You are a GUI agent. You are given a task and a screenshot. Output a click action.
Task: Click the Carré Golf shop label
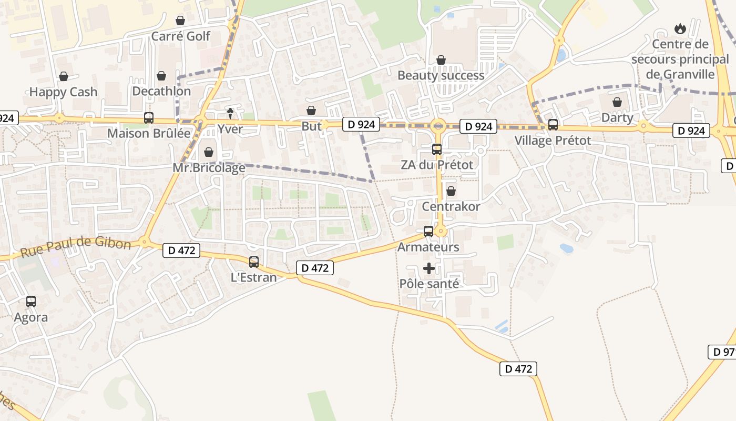tap(180, 36)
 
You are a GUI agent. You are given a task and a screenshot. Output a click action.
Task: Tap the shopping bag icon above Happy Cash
tap(64, 77)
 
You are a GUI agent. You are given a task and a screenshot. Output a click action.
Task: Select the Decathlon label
tap(161, 91)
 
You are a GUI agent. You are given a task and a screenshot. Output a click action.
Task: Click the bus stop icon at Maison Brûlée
tap(149, 118)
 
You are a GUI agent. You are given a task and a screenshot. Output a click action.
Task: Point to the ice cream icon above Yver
tap(230, 113)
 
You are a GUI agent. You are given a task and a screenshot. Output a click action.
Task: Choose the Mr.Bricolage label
tap(209, 168)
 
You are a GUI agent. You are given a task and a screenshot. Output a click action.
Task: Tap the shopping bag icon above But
tap(311, 111)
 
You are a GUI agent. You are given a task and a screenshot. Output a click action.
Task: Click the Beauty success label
tap(441, 75)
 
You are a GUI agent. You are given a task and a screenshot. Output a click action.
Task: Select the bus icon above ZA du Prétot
tap(437, 149)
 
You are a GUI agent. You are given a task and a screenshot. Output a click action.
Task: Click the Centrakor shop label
tap(451, 206)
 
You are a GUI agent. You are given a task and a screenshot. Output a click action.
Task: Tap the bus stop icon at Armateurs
tap(428, 232)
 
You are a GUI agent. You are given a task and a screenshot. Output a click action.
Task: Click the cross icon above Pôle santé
tap(429, 268)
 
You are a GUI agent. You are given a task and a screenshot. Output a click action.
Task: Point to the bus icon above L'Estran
tap(254, 262)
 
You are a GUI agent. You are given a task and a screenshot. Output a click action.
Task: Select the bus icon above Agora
tap(31, 302)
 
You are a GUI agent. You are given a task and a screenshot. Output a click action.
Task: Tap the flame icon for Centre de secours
tap(680, 29)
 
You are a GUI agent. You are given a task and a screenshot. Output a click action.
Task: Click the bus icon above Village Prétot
tap(553, 125)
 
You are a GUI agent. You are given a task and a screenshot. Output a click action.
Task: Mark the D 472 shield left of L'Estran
tap(181, 250)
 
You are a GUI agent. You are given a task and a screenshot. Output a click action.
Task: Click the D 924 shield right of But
tap(361, 124)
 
